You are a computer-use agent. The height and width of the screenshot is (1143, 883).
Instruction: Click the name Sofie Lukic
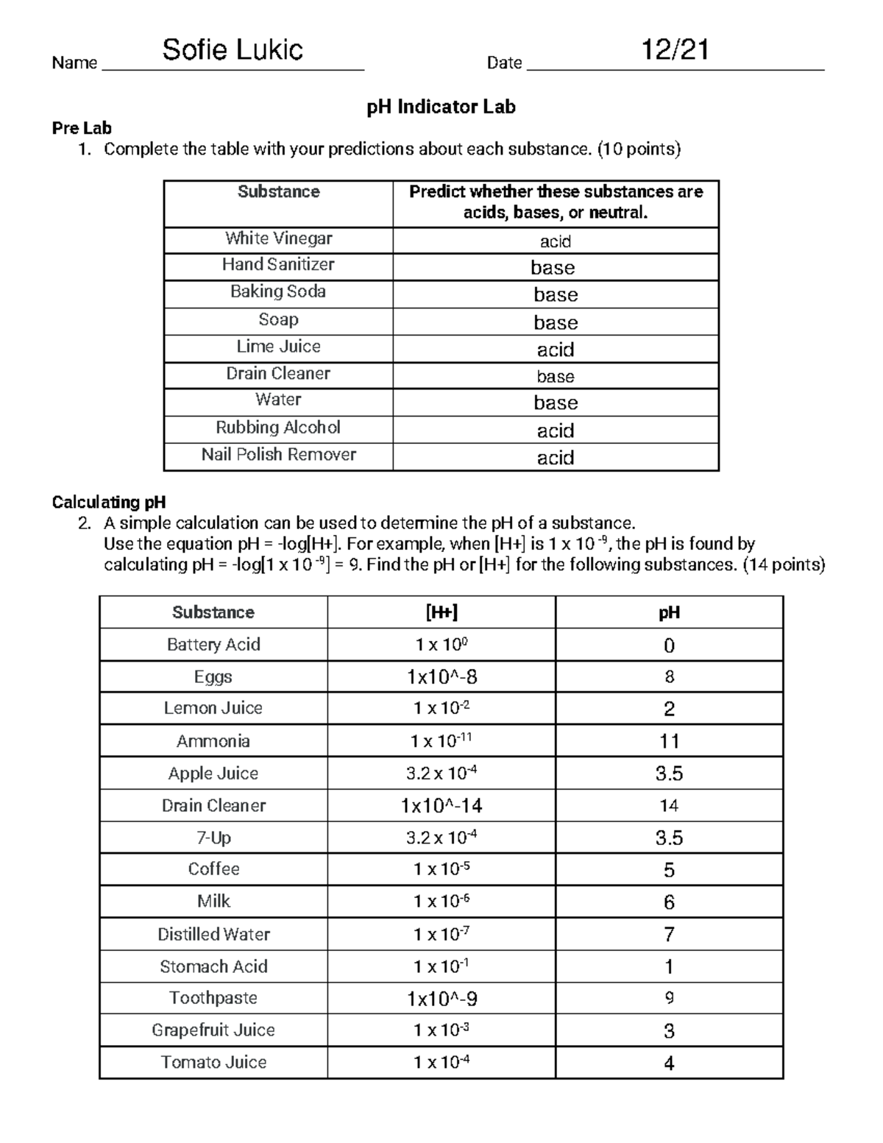pos(233,50)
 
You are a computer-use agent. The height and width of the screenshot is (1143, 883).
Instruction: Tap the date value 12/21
pos(674,50)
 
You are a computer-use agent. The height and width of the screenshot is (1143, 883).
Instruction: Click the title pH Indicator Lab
pos(441,107)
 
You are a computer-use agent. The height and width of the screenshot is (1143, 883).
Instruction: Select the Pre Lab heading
pos(82,128)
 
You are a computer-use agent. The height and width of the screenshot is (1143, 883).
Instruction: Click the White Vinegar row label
pos(278,238)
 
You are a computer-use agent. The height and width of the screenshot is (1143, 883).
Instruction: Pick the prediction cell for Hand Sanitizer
pos(553,267)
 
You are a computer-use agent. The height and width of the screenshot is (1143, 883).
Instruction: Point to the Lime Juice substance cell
pos(278,347)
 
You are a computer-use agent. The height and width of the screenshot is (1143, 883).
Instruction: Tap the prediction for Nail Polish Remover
pos(555,458)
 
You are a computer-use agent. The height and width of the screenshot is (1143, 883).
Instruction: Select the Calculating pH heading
pos(109,502)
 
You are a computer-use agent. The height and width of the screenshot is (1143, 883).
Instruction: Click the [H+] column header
pos(441,612)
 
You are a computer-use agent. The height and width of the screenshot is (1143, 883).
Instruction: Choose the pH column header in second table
pos(669,612)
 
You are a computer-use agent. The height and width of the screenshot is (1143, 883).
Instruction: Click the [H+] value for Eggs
pos(441,676)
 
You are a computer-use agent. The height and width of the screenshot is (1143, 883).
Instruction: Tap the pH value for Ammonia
pos(669,741)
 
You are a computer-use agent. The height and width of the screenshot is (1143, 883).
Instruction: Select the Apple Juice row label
pos(213,774)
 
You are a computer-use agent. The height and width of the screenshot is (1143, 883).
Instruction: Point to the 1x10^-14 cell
pos(441,806)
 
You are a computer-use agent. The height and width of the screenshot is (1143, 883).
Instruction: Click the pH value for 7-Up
pos(669,838)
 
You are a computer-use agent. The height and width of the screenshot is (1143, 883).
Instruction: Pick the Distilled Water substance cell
pos(213,934)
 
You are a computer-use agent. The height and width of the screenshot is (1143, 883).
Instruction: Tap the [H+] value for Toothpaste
pos(441,999)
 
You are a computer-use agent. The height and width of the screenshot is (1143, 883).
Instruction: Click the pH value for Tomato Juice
pos(669,1063)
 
